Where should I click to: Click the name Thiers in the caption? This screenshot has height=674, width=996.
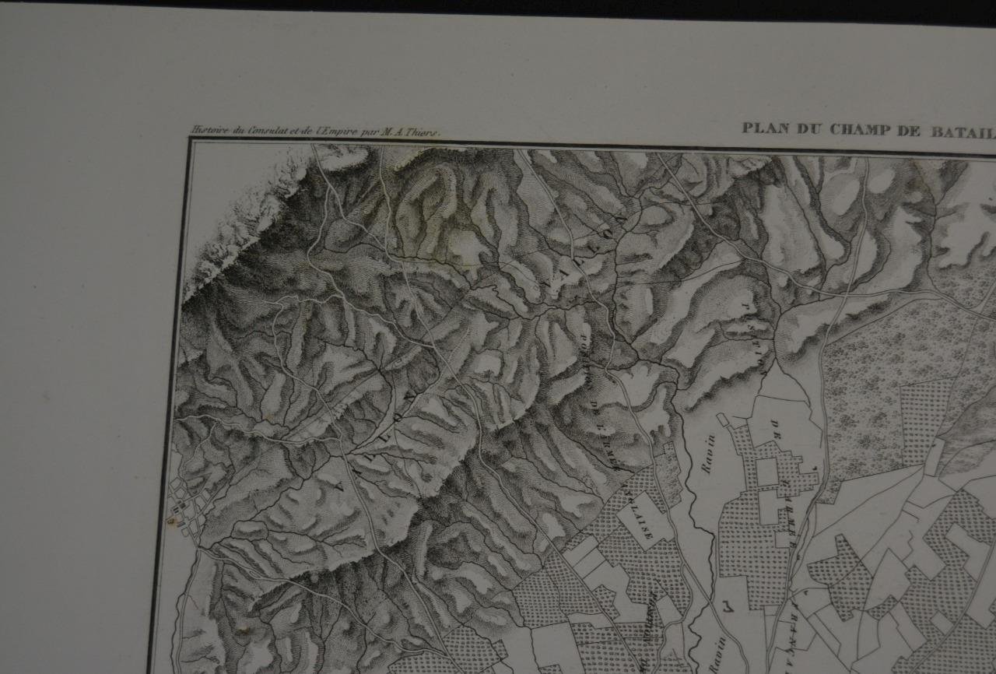point(426,132)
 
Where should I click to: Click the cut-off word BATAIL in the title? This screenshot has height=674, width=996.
point(962,129)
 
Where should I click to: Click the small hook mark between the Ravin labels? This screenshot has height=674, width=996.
point(727,603)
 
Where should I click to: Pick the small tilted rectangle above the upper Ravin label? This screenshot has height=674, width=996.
point(724,419)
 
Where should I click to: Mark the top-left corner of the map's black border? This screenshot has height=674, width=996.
point(190,141)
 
